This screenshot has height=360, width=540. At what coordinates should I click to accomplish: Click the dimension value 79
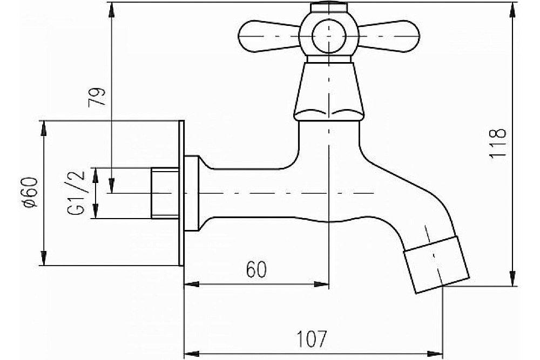click(x=97, y=97)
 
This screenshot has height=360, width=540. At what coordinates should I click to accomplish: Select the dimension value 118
click(x=497, y=143)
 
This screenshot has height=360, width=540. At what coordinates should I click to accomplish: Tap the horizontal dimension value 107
click(x=311, y=339)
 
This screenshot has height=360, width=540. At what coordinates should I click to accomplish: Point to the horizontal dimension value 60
click(x=256, y=269)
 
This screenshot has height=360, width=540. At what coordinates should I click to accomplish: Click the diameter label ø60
click(x=30, y=192)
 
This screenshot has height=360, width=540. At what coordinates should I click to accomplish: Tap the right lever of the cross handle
click(x=389, y=36)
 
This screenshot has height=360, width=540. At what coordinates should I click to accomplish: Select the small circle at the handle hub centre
click(x=329, y=36)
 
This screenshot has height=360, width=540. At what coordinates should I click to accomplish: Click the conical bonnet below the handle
click(x=329, y=92)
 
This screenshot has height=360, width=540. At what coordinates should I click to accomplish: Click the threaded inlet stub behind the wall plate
click(x=165, y=193)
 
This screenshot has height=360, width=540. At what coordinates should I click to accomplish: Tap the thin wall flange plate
click(x=181, y=193)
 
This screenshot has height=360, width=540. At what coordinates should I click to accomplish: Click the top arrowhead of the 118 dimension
click(x=513, y=10)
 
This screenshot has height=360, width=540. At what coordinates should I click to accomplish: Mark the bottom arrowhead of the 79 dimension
click(x=111, y=186)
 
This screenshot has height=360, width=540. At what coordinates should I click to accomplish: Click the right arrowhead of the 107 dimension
click(x=435, y=354)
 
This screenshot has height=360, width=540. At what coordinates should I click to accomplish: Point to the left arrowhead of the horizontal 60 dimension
click(x=192, y=284)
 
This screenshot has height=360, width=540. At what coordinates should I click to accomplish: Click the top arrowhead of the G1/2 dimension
click(x=96, y=175)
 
